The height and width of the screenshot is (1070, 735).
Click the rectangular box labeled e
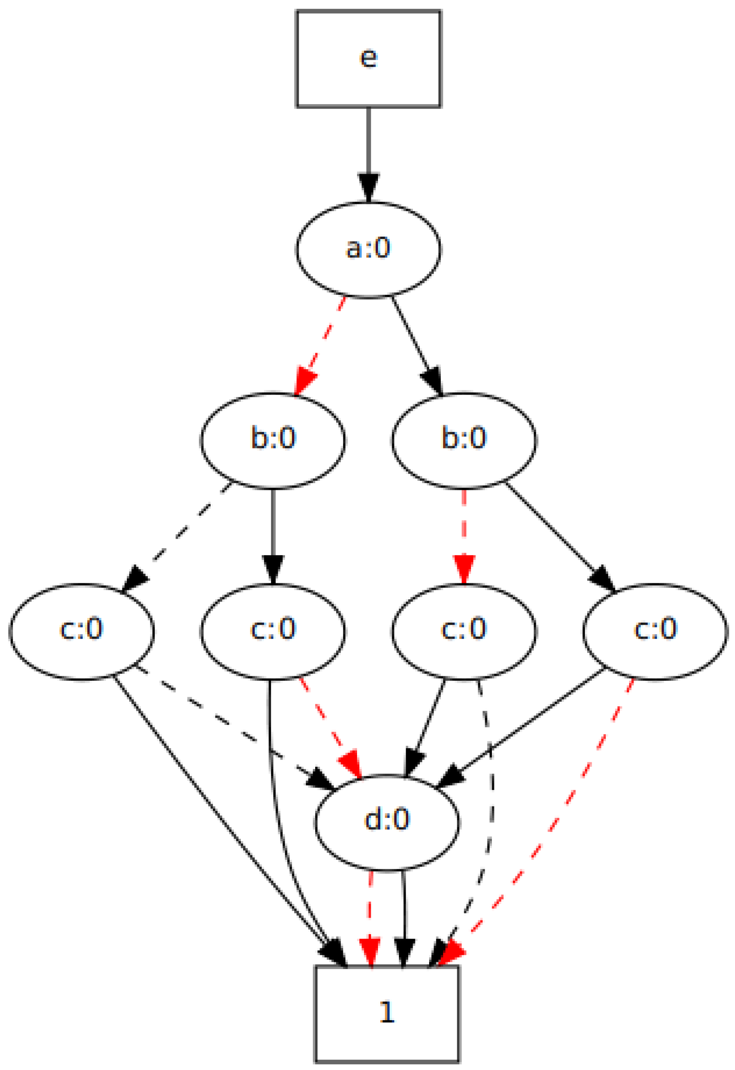(368, 58)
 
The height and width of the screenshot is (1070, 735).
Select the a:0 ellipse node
(368, 250)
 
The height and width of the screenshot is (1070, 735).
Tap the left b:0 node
(272, 440)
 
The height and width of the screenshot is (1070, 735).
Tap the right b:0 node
(464, 440)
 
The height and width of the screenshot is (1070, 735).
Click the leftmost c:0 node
(81, 631)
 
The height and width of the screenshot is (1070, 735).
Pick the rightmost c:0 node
(655, 631)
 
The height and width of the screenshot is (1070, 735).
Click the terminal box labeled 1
(387, 1013)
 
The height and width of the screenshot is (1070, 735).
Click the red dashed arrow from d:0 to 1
(370, 917)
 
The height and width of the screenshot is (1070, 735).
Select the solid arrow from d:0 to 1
(404, 917)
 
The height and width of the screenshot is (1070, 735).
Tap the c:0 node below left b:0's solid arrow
(272, 631)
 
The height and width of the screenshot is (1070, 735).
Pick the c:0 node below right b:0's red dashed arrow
(464, 631)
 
